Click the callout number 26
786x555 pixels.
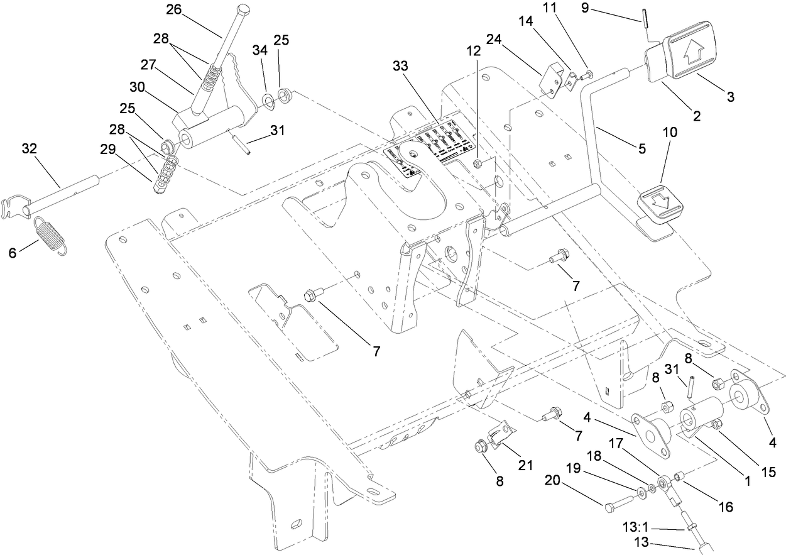pos(173,9)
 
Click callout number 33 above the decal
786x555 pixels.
pos(400,66)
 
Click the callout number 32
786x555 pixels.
pos(29,148)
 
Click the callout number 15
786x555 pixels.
pos(768,470)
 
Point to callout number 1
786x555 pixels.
pos(747,481)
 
